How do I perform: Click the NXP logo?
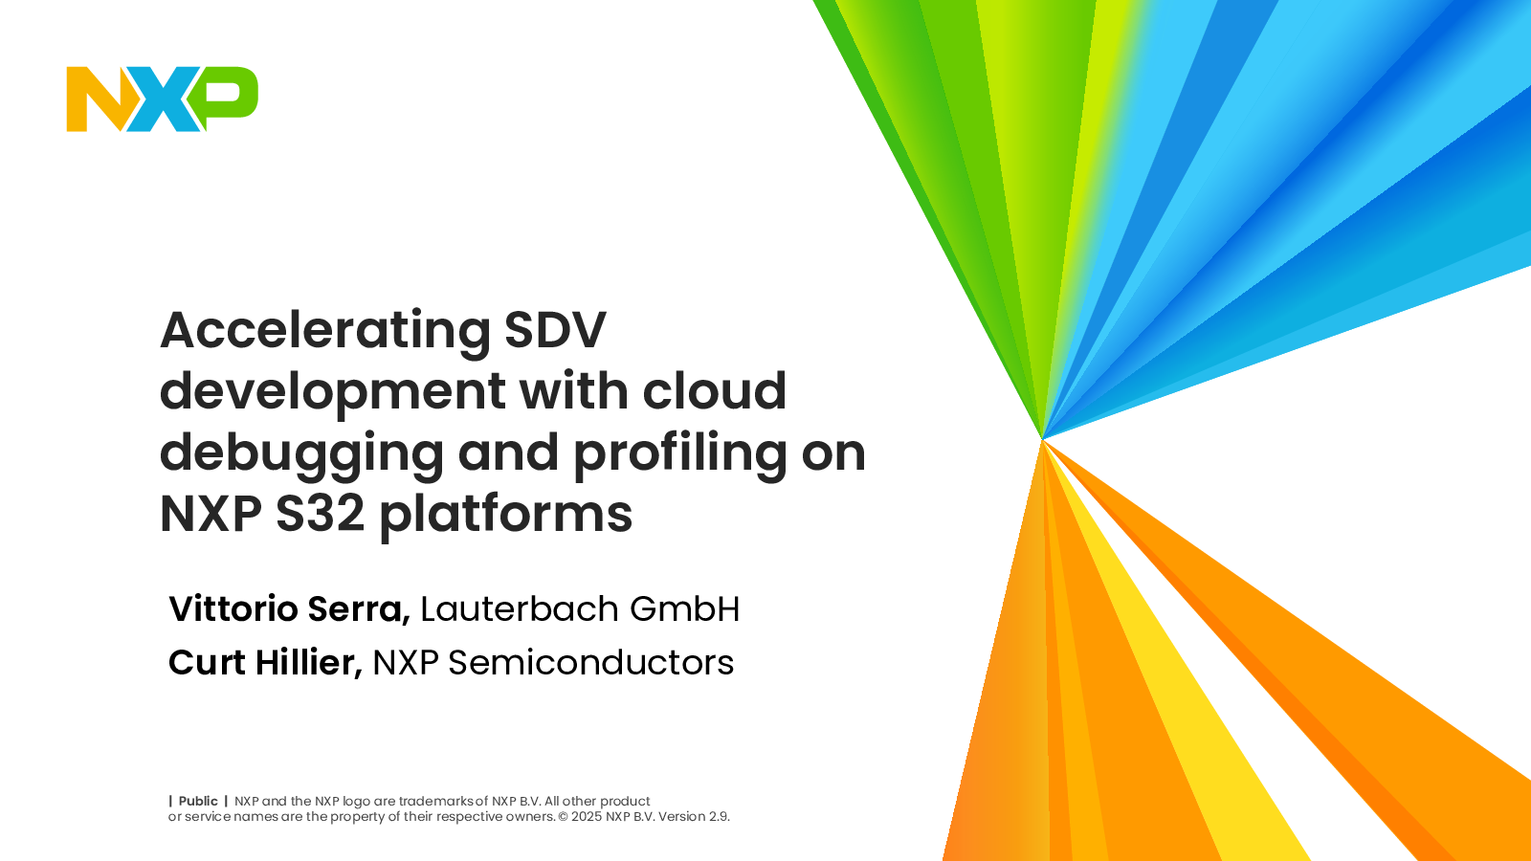coord(162,99)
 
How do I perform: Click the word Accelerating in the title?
coord(325,332)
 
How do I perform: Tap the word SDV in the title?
coord(555,330)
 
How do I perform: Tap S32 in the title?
coord(320,513)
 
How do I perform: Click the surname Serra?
coord(359,609)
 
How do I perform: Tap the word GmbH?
coord(685,608)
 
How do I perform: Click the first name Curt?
coord(207,662)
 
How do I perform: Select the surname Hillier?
coord(309,663)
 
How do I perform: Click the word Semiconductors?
coord(591,663)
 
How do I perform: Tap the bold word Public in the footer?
coord(198,801)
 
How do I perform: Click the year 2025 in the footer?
coord(588,817)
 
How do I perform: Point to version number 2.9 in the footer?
coord(719,817)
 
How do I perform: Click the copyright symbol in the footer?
coord(564,817)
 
